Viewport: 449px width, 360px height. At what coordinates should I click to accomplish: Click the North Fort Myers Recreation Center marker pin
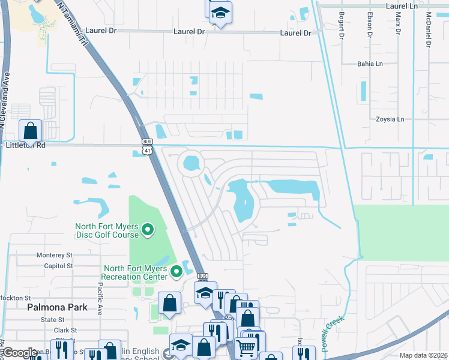click(176, 272)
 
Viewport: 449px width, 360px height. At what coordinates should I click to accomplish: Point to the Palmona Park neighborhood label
click(57, 307)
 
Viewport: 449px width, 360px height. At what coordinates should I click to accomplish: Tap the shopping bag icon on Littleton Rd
click(30, 130)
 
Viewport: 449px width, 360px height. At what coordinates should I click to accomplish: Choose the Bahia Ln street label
click(369, 64)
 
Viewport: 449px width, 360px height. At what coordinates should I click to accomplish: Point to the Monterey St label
click(54, 255)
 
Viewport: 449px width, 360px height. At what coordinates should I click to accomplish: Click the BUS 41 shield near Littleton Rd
click(147, 147)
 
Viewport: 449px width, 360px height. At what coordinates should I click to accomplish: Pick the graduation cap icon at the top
click(221, 13)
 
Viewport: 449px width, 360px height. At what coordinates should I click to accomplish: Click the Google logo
click(19, 353)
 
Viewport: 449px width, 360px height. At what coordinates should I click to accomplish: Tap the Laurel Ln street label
click(402, 5)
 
